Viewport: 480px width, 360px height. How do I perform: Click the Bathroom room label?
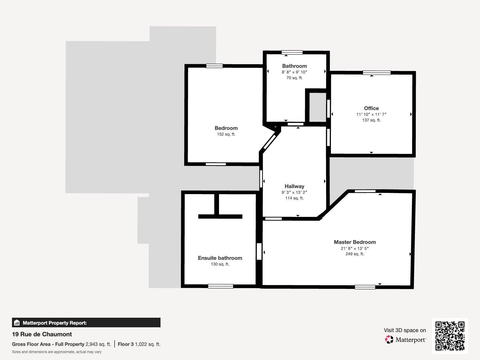(x=294, y=66)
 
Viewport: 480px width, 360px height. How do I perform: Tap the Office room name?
(x=371, y=108)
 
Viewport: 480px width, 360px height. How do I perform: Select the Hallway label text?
(x=294, y=186)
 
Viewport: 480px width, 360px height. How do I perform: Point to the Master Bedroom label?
(x=355, y=242)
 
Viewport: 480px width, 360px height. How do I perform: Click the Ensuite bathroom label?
(x=220, y=258)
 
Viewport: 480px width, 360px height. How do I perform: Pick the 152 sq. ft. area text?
(x=226, y=134)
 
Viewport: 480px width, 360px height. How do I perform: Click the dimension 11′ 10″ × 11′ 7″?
(x=371, y=114)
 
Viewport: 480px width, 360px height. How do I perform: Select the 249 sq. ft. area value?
(x=355, y=254)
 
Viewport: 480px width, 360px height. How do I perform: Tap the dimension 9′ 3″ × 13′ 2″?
(x=294, y=192)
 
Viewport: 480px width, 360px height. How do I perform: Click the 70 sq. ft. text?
(x=294, y=78)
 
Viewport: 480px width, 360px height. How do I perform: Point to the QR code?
(x=450, y=336)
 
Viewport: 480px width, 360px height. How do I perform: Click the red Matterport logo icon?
(x=389, y=340)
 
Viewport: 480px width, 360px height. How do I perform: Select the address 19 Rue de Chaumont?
(x=42, y=334)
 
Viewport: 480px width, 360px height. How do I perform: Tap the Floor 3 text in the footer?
(x=126, y=344)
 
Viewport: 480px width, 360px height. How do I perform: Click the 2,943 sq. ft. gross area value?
(x=98, y=344)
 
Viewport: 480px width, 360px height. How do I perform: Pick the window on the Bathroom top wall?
(x=292, y=52)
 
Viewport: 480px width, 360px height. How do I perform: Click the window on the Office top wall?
(x=376, y=73)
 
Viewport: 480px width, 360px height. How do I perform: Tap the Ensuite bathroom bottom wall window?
(x=220, y=286)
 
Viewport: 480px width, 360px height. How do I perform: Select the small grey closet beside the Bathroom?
(x=317, y=107)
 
